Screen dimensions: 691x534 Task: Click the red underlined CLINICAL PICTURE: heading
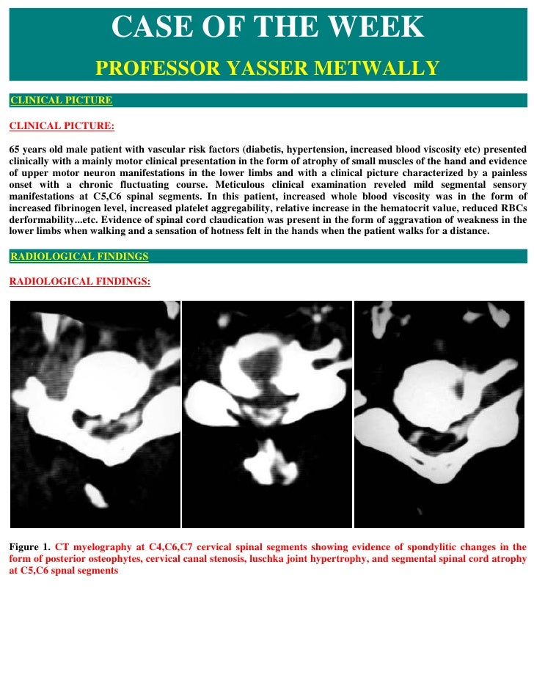coord(62,126)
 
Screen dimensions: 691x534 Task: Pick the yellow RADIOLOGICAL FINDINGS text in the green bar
coord(78,257)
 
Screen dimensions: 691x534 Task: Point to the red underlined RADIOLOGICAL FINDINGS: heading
coord(79,281)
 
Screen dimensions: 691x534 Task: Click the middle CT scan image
coord(267,414)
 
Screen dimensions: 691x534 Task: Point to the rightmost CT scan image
coord(440,414)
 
